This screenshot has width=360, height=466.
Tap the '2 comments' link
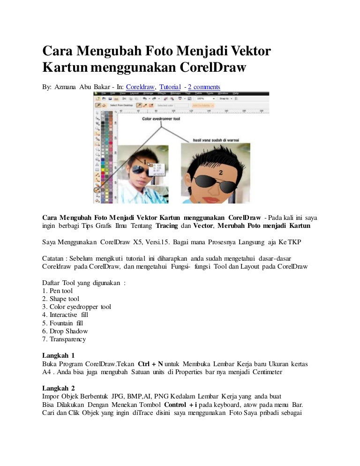(204, 87)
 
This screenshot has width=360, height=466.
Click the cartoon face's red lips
(208, 198)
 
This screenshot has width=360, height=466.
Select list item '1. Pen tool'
(57, 291)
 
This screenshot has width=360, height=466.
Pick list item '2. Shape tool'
(60, 299)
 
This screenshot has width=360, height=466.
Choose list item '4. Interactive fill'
(65, 315)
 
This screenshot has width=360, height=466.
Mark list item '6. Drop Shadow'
(65, 331)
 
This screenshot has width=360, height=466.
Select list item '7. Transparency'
(64, 339)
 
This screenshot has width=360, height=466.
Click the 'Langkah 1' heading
(58, 355)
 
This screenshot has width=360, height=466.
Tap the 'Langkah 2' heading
(58, 388)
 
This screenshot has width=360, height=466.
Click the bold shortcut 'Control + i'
(178, 405)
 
